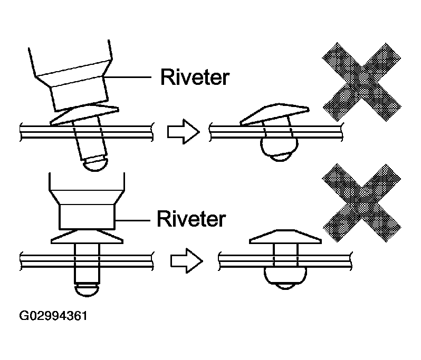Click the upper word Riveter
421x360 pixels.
point(195,77)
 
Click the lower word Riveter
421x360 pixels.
point(191,218)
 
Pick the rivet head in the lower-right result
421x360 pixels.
point(285,237)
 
